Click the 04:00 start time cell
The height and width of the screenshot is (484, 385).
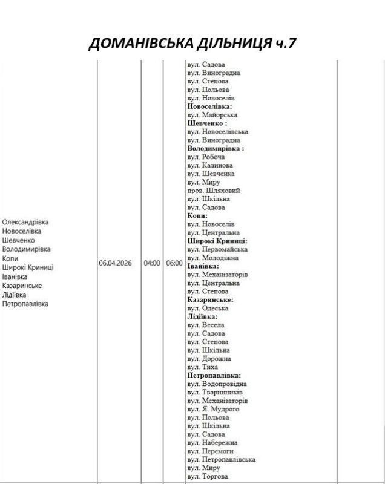(x=151, y=263)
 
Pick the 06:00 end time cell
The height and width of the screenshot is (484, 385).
(x=173, y=263)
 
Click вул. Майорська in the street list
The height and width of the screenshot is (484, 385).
(x=212, y=114)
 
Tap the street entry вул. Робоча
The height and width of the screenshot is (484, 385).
(x=206, y=157)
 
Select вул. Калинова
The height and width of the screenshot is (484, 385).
(x=210, y=165)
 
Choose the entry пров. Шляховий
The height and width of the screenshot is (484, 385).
(x=209, y=190)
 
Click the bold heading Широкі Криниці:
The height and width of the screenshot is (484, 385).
(x=217, y=241)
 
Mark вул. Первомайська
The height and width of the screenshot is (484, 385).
(x=217, y=249)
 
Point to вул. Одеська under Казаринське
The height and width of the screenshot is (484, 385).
(x=208, y=308)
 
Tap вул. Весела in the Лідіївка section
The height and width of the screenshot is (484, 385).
(x=206, y=325)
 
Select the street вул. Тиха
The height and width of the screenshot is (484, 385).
(x=202, y=367)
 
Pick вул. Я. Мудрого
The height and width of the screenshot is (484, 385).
(x=213, y=409)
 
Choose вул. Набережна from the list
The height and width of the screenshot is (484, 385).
(x=212, y=442)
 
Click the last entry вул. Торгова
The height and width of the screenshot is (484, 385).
(x=208, y=476)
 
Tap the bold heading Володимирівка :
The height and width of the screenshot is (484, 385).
(x=216, y=148)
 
